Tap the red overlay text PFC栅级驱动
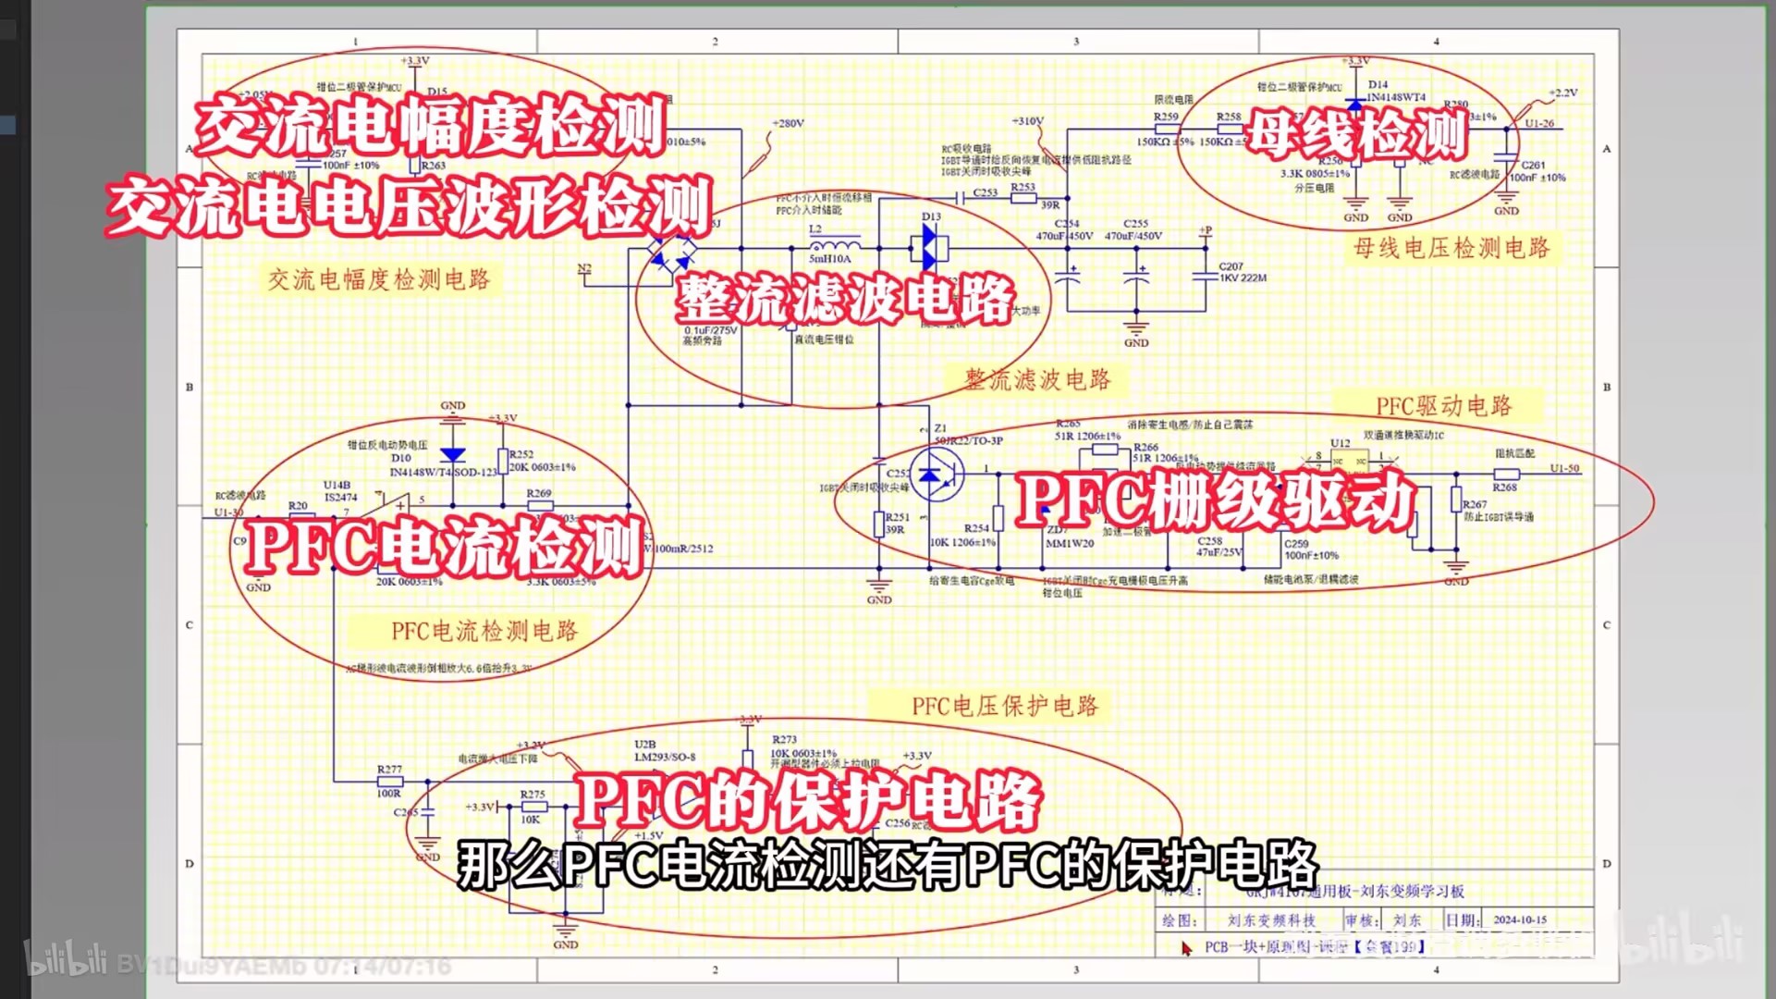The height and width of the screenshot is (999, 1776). pyautogui.click(x=1216, y=500)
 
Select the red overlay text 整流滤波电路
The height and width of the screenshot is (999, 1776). pyautogui.click(x=845, y=299)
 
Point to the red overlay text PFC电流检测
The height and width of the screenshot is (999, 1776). pyautogui.click(x=445, y=547)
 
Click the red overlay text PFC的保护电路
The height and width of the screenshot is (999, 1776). pyautogui.click(x=807, y=801)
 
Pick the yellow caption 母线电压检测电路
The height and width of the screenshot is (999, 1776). pyautogui.click(x=1451, y=248)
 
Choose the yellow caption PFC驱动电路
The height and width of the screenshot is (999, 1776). pyautogui.click(x=1443, y=406)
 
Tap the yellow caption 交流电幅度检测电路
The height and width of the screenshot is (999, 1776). pyautogui.click(x=379, y=279)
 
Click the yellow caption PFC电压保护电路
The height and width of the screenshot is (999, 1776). pyautogui.click(x=1005, y=707)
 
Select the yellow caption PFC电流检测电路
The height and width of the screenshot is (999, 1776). pyautogui.click(x=484, y=631)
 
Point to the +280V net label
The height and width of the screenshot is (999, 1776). pyautogui.click(x=788, y=123)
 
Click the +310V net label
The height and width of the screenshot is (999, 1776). pyautogui.click(x=1027, y=121)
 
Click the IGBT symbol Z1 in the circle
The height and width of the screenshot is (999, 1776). pyautogui.click(x=936, y=474)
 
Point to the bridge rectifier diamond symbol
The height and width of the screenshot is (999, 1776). pyautogui.click(x=672, y=251)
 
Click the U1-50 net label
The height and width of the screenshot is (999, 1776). pyautogui.click(x=1564, y=468)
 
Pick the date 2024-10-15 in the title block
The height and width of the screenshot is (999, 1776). pyautogui.click(x=1519, y=920)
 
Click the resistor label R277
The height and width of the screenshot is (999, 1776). pyautogui.click(x=389, y=769)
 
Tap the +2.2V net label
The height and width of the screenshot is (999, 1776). pyautogui.click(x=1563, y=92)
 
